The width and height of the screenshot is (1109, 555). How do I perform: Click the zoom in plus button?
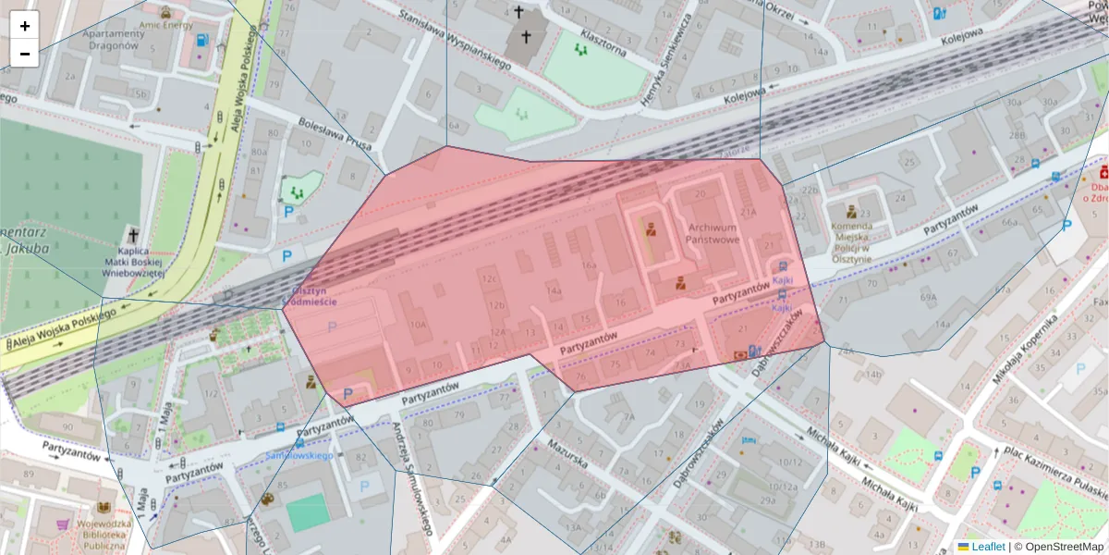point(25,25)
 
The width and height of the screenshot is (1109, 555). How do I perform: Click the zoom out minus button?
point(25,54)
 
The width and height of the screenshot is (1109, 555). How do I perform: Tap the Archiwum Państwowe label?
point(713,233)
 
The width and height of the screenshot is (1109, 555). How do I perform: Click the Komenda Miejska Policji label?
point(851,242)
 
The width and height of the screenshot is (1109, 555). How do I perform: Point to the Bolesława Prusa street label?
point(335,133)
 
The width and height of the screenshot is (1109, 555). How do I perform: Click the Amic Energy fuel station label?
point(161,27)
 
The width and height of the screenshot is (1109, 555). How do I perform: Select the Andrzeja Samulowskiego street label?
point(413,479)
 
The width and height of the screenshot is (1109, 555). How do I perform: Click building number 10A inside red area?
point(418,325)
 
